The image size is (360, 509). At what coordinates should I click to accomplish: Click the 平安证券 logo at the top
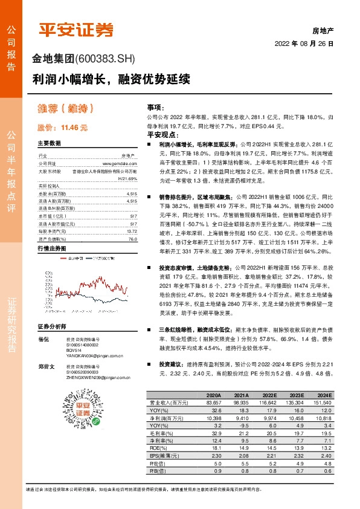point(76,29)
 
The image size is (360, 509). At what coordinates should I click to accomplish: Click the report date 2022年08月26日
point(304,44)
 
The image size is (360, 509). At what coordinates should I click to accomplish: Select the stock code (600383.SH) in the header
point(108,59)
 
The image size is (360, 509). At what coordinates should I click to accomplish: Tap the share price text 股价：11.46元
point(63,128)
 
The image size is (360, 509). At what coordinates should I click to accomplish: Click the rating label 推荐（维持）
point(67,109)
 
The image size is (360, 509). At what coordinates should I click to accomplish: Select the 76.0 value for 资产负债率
point(132,238)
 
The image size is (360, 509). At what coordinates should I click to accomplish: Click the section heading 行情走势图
point(51,249)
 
